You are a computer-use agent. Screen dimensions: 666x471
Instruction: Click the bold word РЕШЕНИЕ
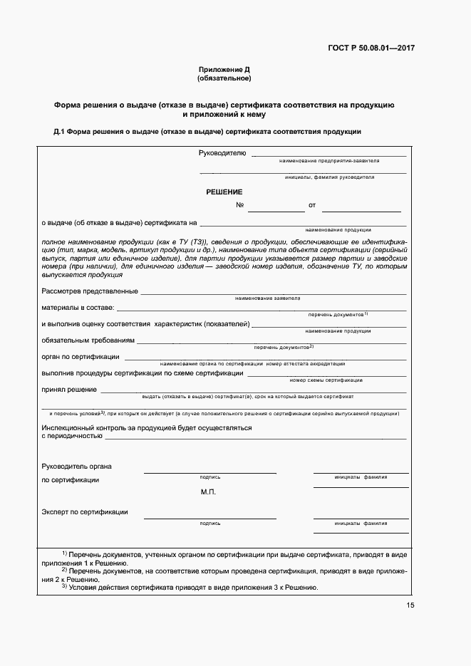[224, 192]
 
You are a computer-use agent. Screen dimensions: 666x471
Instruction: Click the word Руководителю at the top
[222, 152]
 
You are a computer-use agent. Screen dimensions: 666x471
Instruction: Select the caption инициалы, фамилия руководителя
[329, 177]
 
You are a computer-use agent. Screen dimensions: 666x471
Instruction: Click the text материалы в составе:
[78, 308]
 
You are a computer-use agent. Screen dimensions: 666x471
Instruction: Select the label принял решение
[69, 390]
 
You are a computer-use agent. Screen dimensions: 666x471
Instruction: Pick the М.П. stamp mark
[208, 492]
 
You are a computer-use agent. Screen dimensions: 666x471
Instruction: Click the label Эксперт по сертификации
[85, 512]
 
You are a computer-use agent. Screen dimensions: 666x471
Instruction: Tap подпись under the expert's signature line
[210, 523]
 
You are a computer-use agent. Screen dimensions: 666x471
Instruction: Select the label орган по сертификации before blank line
[81, 356]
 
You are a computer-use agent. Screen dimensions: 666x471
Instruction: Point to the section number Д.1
[59, 132]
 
